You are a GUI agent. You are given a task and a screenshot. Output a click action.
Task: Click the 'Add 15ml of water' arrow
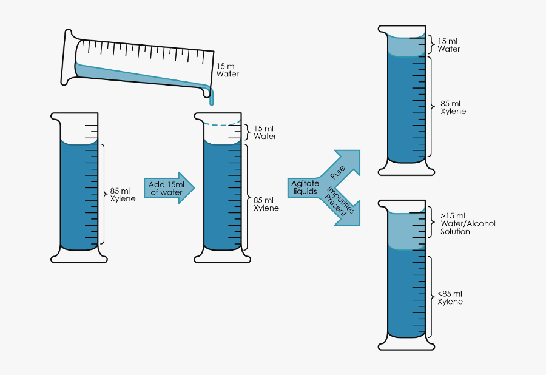[169, 188]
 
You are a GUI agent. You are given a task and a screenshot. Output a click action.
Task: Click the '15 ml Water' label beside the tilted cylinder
[227, 70]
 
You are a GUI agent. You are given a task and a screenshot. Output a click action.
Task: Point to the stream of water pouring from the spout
[212, 97]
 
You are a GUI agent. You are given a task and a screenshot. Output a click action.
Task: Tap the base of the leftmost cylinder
[79, 257]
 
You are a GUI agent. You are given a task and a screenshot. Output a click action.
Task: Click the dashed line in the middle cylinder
[221, 124]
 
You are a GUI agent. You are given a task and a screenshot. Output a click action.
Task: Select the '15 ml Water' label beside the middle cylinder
[265, 132]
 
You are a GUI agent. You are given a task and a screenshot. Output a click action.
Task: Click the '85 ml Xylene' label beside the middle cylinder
[266, 204]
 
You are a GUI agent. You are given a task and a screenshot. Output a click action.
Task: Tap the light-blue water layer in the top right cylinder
[405, 46]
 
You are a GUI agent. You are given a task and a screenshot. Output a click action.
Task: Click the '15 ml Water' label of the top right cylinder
[448, 45]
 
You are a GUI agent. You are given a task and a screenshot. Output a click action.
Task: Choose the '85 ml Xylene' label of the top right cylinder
[453, 107]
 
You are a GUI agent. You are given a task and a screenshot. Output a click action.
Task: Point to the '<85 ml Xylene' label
[450, 297]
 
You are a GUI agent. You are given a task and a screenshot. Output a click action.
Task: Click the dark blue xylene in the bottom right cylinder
[405, 291]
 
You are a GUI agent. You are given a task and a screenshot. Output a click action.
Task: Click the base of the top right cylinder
[406, 171]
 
